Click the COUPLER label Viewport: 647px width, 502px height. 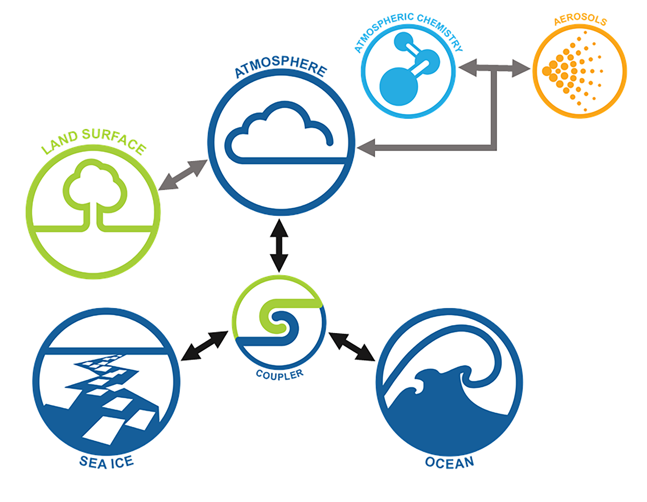click(279, 375)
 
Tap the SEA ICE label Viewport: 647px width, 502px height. click(107, 462)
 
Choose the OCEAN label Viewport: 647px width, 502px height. click(449, 462)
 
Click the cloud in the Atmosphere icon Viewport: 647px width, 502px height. click(279, 135)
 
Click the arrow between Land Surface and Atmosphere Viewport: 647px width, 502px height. click(183, 175)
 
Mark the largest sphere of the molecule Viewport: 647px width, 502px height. click(399, 86)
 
